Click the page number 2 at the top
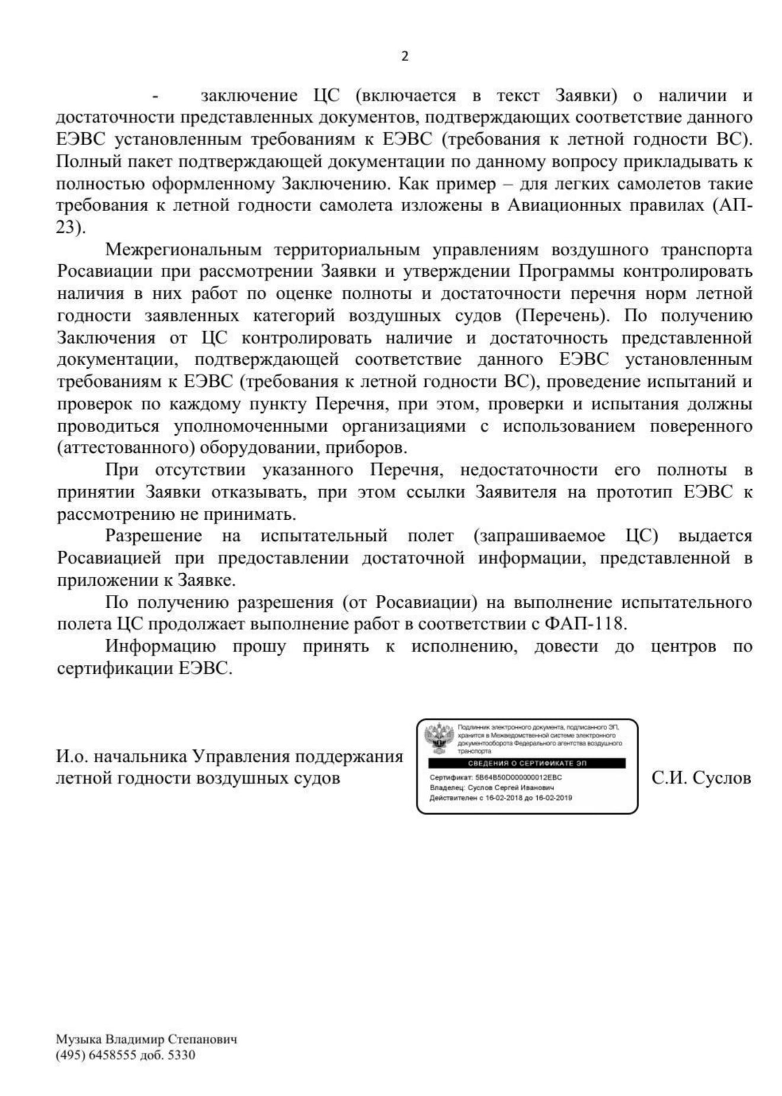(405, 57)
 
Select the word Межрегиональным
(183, 250)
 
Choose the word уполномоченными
(251, 427)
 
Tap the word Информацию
(161, 646)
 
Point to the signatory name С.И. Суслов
(701, 778)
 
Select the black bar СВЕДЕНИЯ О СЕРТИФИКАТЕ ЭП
(527, 763)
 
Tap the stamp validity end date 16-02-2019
(553, 798)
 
